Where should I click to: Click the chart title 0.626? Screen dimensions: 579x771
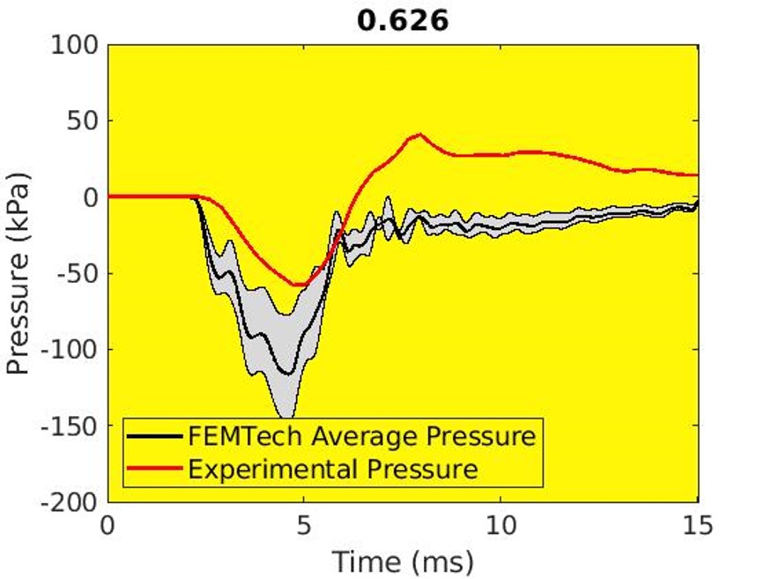coord(403,19)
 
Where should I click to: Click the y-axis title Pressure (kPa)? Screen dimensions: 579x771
coord(19,273)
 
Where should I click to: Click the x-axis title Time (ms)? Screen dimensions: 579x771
coord(403,559)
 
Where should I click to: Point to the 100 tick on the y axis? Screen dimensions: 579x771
coord(75,44)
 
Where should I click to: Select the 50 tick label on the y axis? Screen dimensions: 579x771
coord(82,121)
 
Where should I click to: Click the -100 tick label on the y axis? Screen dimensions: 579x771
coord(70,349)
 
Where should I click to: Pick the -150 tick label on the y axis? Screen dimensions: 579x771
coord(70,426)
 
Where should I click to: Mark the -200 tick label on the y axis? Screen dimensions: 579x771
coord(70,501)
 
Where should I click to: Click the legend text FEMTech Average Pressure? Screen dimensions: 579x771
coord(361,436)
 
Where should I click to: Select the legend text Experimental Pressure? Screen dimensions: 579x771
coord(333,468)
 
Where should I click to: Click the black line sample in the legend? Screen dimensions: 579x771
coord(155,436)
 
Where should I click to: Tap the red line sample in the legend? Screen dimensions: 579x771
coord(155,468)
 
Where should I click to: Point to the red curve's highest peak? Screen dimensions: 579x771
coord(421,135)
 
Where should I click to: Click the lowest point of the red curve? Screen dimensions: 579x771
coord(300,285)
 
